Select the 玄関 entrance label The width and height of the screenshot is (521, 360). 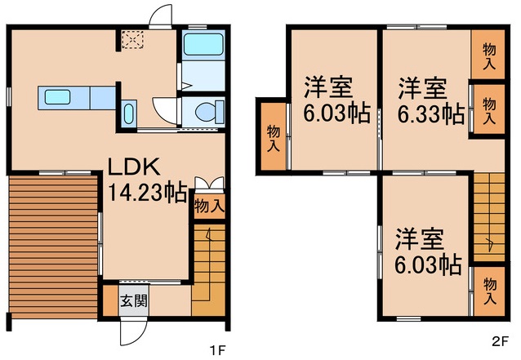click(134, 300)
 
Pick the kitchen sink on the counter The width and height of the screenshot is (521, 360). click(58, 97)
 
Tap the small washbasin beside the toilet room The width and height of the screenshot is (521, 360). click(130, 113)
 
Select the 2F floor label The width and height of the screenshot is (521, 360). click(500, 342)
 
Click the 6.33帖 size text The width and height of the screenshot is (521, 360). click(432, 114)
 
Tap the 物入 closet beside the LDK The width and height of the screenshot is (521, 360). click(209, 206)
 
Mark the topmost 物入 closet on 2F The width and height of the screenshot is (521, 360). click(487, 53)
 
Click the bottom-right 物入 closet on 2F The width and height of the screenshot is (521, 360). click(488, 291)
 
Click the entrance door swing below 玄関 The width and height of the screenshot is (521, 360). click(131, 331)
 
